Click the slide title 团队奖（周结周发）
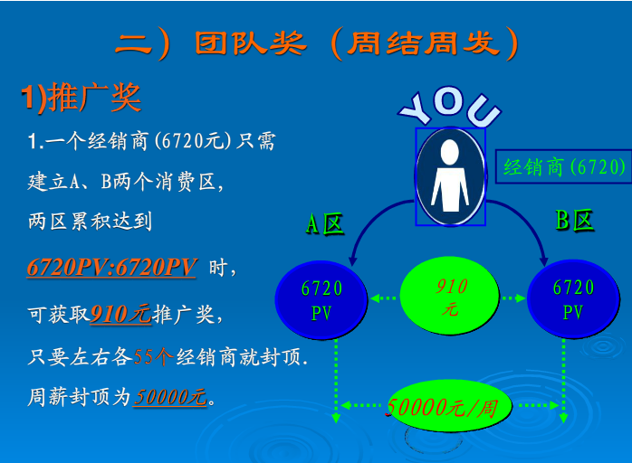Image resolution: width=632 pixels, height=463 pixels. pyautogui.click(x=316, y=43)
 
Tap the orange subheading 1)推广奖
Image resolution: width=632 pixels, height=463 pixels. pyautogui.click(x=81, y=98)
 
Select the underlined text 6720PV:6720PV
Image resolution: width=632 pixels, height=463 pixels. pyautogui.click(x=111, y=267)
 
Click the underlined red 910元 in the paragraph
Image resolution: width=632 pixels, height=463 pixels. pyautogui.click(x=120, y=314)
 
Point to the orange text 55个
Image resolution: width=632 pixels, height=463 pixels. pyautogui.click(x=153, y=356)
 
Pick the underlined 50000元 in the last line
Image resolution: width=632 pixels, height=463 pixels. pyautogui.click(x=170, y=397)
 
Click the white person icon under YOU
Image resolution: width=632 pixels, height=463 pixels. pyautogui.click(x=450, y=176)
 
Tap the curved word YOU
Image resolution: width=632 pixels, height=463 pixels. pyautogui.click(x=449, y=106)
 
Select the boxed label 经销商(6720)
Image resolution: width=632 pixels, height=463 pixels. pyautogui.click(x=563, y=166)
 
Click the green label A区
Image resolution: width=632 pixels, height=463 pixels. pyautogui.click(x=324, y=224)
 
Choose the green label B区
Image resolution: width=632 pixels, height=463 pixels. pyautogui.click(x=574, y=221)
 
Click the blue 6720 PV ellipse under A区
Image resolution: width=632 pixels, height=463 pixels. pyautogui.click(x=321, y=300)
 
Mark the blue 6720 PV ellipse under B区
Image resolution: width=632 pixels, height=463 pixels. pyautogui.click(x=573, y=299)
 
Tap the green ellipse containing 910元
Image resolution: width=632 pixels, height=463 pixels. pyautogui.click(x=450, y=296)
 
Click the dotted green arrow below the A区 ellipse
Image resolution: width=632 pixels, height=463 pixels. pyautogui.click(x=336, y=381)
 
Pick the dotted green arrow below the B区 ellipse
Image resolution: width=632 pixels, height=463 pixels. pyautogui.click(x=563, y=381)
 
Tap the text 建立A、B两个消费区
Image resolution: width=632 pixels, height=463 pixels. pyautogui.click(x=125, y=182)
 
